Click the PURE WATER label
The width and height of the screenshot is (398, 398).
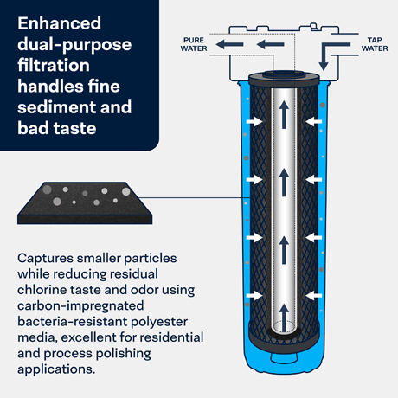[x=194, y=44]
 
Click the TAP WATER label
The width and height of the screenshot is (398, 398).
[x=375, y=44]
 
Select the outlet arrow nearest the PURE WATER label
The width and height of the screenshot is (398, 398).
[x=229, y=44]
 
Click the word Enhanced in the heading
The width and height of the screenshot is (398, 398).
[x=60, y=23]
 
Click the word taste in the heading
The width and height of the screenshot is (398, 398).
[x=75, y=128]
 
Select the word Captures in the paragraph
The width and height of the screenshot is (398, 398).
[x=46, y=259]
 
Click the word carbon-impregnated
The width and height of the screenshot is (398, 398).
[x=80, y=306]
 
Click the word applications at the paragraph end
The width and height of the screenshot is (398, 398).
[x=55, y=369]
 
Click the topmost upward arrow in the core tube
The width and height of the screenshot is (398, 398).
[x=284, y=114]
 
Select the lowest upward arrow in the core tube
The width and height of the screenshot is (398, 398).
[x=284, y=318]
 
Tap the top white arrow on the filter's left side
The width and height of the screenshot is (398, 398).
[x=254, y=121]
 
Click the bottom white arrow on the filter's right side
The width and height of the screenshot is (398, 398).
[x=314, y=296]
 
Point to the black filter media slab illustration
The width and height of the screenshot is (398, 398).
[x=85, y=203]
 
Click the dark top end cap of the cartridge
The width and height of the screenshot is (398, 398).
[x=284, y=79]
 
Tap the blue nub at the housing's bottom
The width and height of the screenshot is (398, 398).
[x=284, y=358]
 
